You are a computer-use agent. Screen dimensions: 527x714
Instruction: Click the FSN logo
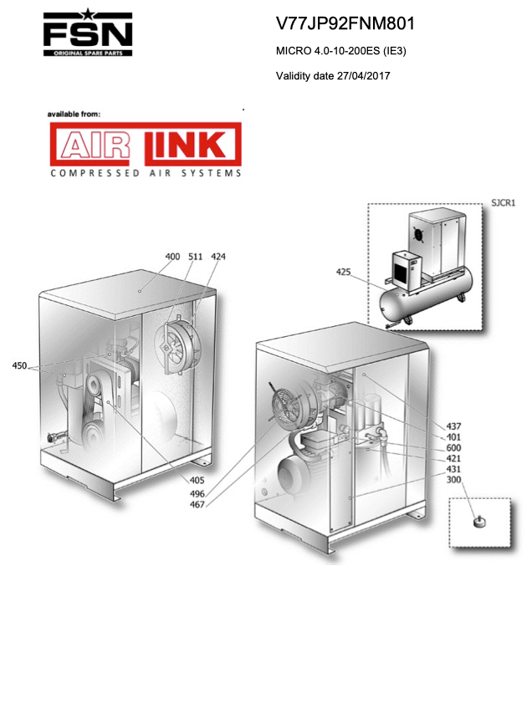[x=88, y=33]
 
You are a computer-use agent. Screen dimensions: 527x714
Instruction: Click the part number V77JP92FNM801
[x=345, y=23]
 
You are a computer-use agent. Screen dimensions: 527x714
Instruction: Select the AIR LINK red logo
[x=146, y=144]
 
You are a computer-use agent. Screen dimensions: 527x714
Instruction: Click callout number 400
[x=172, y=257]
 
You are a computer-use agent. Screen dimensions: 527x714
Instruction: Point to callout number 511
[x=196, y=257]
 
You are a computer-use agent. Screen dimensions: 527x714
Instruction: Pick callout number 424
[x=218, y=257]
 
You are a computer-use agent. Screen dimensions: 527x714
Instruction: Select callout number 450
[x=19, y=365]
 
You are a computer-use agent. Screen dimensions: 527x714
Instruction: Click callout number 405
[x=197, y=480]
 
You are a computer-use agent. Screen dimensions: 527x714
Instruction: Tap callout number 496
[x=197, y=493]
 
